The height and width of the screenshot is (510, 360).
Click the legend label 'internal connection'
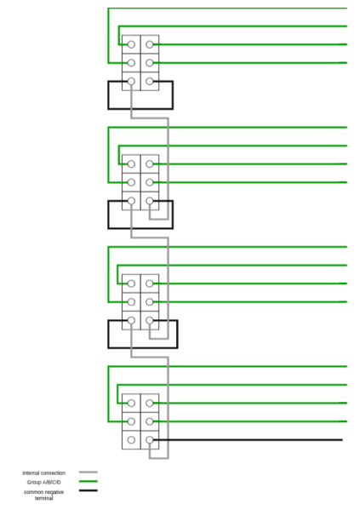tap(44, 473)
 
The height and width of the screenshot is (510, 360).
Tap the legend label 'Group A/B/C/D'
tap(44, 482)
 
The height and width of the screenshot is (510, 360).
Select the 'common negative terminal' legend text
tap(44, 495)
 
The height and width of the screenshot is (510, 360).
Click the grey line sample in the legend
tap(89, 472)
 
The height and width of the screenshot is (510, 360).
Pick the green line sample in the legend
tap(89, 481)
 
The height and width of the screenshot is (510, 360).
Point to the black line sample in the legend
tap(89, 490)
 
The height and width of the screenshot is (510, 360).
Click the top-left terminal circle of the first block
tap(131, 44)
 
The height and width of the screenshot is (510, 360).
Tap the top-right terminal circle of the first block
tap(150, 44)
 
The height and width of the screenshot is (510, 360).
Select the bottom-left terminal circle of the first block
tap(131, 82)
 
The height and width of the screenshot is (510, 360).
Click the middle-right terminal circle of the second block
tap(150, 182)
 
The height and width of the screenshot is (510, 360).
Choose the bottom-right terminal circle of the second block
tap(150, 201)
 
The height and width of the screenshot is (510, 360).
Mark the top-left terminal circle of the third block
tap(131, 284)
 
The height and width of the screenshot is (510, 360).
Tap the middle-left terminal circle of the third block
tap(131, 302)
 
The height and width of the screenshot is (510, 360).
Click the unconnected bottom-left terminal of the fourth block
tap(131, 440)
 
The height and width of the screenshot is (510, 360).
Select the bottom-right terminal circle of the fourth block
tap(150, 440)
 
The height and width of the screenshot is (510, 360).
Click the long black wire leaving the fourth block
tap(248, 440)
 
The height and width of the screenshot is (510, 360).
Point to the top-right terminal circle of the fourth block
tap(150, 404)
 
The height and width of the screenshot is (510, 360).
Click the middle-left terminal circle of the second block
tap(131, 182)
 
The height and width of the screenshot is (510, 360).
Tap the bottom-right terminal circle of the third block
tap(150, 321)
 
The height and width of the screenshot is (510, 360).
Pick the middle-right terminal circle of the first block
tap(150, 63)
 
